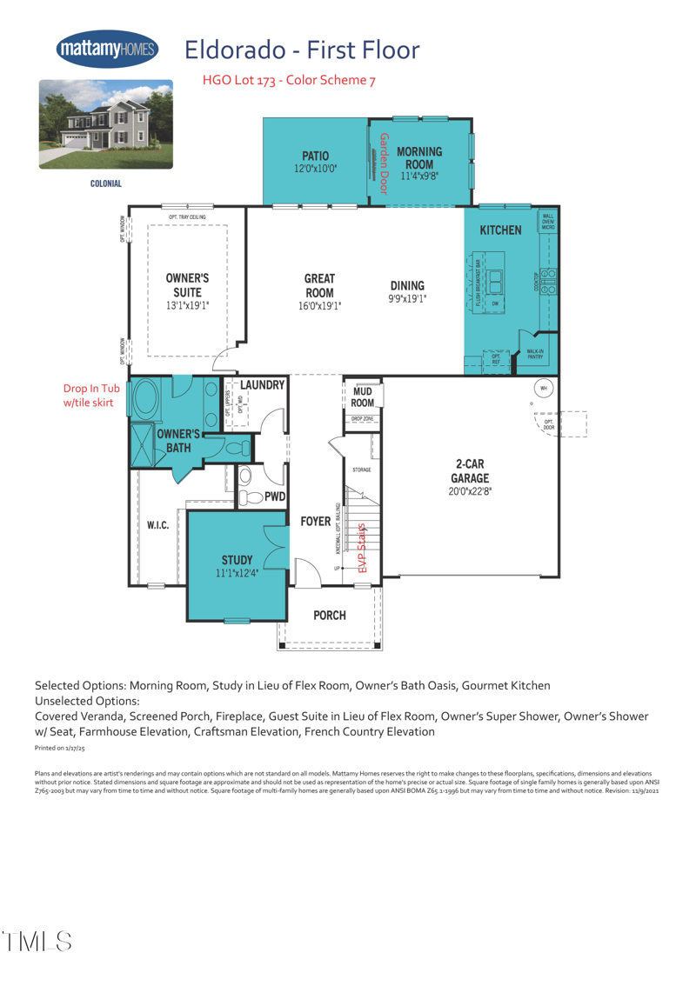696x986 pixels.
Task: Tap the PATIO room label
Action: pos(315,157)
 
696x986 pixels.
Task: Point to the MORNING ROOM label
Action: pos(419,157)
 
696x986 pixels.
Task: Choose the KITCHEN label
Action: pos(500,230)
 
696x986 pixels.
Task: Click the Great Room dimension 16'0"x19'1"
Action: pos(319,306)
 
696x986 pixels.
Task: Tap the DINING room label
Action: pos(407,285)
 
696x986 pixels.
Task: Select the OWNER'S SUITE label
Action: pos(187,285)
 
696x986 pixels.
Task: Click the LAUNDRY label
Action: pos(262,384)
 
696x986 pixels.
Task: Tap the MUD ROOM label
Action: pos(363,397)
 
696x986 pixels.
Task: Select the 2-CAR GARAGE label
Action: pos(470,470)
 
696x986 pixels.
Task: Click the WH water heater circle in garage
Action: pos(544,388)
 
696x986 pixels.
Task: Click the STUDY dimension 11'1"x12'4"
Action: pos(237,574)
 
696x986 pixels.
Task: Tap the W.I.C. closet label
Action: pos(157,526)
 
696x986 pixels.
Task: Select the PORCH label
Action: pos(330,616)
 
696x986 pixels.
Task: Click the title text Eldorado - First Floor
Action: pos(302,50)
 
